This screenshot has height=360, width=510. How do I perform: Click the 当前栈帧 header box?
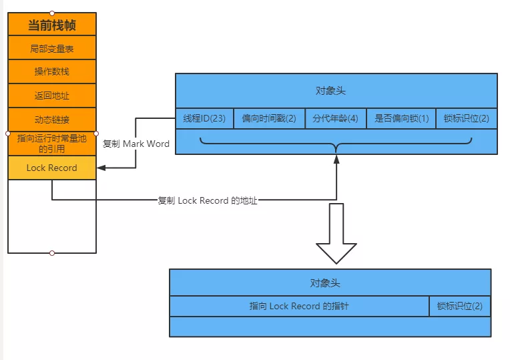[x=52, y=25]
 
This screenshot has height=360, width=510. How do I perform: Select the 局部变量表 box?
[x=52, y=48]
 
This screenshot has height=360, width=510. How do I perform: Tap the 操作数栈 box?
[x=52, y=71]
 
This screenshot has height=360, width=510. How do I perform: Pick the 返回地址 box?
[x=52, y=96]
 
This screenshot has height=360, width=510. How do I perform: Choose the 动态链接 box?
[x=52, y=120]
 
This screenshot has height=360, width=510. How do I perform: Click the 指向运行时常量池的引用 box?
[x=52, y=144]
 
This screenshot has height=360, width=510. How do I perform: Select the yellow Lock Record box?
[x=52, y=168]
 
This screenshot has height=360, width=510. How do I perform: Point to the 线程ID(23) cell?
[x=204, y=118]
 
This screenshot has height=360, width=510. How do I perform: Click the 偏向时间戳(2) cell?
[x=269, y=118]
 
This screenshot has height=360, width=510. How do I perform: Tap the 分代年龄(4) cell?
[x=336, y=118]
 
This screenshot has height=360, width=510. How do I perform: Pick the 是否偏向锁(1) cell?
[x=401, y=118]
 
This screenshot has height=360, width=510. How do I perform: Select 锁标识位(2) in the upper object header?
[x=467, y=118]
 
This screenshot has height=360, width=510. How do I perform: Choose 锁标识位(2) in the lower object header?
[x=460, y=306]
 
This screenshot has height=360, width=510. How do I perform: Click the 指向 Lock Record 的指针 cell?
[x=299, y=306]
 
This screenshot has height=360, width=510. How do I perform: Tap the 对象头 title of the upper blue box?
[x=330, y=90]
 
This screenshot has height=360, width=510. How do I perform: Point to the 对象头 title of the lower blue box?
[x=325, y=283]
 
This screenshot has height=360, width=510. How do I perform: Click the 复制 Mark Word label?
[x=136, y=144]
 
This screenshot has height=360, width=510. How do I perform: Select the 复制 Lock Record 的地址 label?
[x=208, y=200]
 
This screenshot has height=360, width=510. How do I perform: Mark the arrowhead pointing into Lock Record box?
[x=101, y=168]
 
